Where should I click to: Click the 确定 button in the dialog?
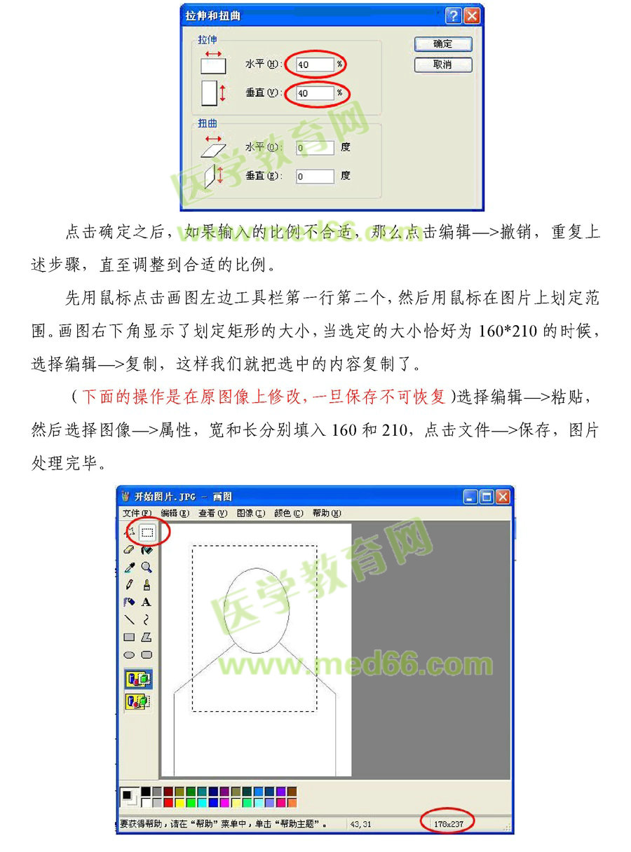coord(442,44)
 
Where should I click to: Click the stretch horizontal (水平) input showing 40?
coord(314,64)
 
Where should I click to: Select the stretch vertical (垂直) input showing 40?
coord(314,92)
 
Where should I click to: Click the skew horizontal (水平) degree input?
coord(314,148)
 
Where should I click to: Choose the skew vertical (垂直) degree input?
coord(314,176)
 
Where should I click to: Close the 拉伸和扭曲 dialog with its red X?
coord(473,15)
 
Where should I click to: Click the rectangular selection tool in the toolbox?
coord(147,532)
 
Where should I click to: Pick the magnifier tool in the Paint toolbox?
coord(147,567)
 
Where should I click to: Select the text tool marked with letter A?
coord(147,602)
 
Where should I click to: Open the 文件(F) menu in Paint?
coord(136,514)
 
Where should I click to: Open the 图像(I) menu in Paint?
coord(250,514)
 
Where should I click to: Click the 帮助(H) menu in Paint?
coord(326,514)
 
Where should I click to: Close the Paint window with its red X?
coord(502,497)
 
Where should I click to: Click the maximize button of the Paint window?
coord(487,497)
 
